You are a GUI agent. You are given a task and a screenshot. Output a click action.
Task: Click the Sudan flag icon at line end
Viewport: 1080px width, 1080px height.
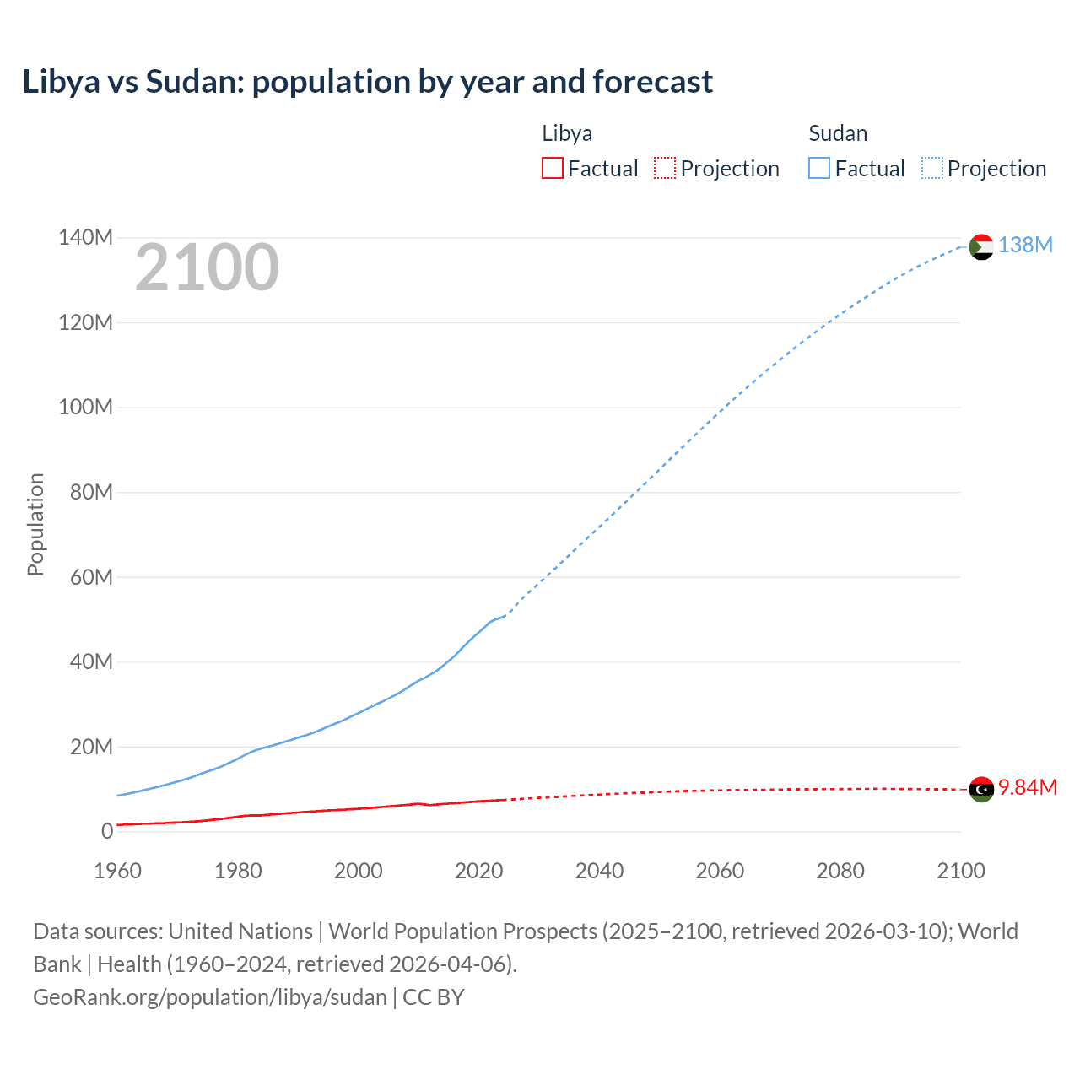(x=981, y=247)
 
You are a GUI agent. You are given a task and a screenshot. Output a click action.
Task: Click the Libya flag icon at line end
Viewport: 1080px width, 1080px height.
(x=981, y=789)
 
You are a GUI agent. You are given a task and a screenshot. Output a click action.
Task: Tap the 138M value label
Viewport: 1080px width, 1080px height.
(x=1025, y=245)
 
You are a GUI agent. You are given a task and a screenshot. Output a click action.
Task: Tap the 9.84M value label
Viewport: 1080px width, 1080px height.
(x=1027, y=787)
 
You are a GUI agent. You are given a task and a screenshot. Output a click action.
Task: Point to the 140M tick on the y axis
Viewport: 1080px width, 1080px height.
(x=85, y=237)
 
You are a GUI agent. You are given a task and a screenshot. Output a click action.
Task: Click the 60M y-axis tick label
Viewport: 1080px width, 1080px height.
(x=91, y=577)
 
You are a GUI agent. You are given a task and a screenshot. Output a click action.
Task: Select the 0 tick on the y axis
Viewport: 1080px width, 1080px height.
(x=107, y=831)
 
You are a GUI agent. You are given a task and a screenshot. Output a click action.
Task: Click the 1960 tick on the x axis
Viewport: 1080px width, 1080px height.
(x=117, y=871)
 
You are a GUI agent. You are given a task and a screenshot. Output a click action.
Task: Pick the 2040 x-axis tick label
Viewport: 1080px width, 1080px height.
(x=599, y=871)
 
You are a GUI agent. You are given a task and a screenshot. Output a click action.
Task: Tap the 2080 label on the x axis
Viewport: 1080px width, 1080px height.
(x=840, y=871)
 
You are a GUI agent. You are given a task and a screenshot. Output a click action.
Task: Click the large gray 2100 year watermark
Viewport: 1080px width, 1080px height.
(x=207, y=267)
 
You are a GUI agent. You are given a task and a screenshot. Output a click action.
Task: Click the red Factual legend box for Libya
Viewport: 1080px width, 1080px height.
(x=552, y=168)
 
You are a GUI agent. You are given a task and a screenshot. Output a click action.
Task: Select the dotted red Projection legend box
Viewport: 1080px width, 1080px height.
(x=665, y=168)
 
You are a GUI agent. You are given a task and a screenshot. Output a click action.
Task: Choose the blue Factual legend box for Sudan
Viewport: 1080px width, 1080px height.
(x=818, y=168)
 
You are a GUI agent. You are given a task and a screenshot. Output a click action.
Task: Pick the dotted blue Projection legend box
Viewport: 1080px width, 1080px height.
(x=931, y=168)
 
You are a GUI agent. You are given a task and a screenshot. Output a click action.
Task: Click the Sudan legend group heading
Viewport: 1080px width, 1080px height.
(x=837, y=133)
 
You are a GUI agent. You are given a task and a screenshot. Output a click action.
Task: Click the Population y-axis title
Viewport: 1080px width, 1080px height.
(x=35, y=524)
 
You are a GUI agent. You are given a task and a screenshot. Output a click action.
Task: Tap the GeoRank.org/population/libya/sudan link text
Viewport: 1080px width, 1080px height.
(x=209, y=996)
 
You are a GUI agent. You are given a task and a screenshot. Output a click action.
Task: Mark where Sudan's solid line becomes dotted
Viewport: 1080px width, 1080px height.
(x=505, y=615)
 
